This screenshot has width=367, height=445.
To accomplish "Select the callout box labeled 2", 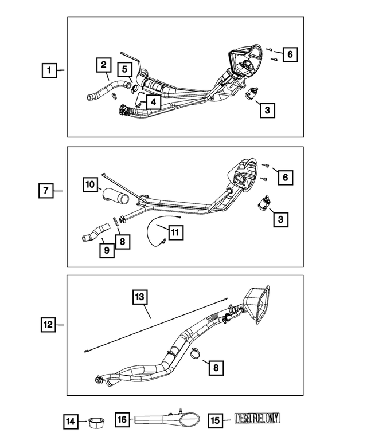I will coord(103,65).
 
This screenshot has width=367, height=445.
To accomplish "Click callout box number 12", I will coord(49,325).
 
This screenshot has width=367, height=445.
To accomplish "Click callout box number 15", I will coord(215,420).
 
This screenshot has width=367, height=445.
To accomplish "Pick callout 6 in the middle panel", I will coord(283,178).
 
